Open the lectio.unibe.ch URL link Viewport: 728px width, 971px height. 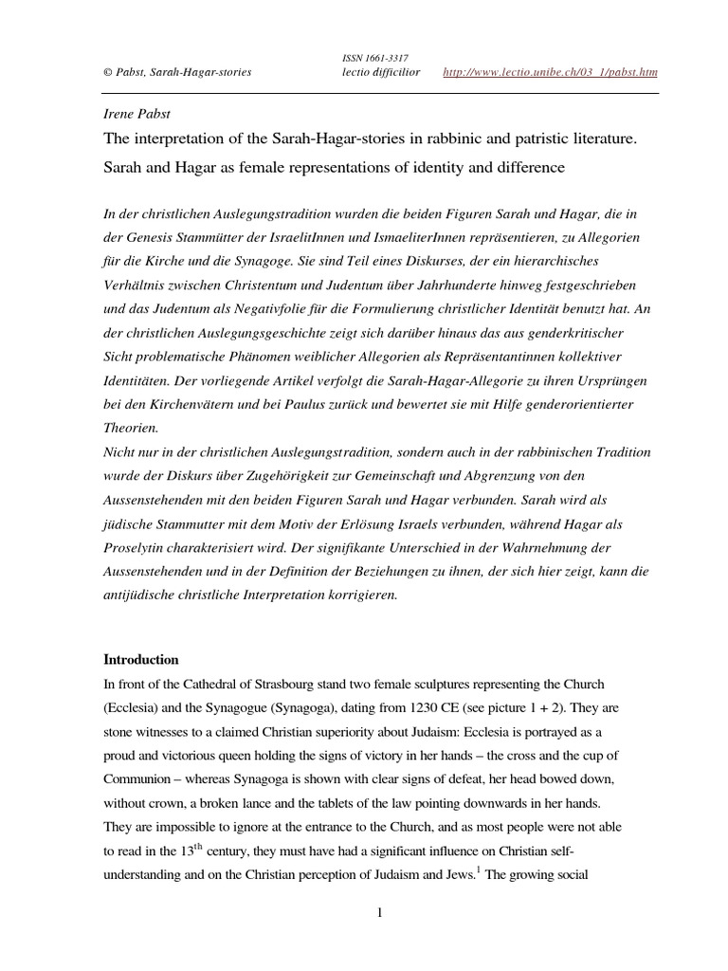tap(551, 73)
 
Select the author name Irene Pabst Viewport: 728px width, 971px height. tap(138, 113)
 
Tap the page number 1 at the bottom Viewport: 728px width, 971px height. tap(379, 912)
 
